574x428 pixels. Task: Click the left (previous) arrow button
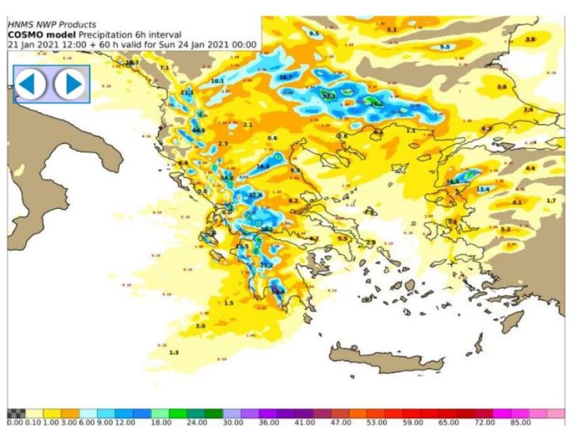click(31, 84)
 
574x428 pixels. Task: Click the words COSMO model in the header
click(32, 35)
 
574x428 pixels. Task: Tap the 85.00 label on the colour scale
click(519, 423)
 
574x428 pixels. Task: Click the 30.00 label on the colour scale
click(232, 423)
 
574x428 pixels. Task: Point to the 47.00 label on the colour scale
click(340, 423)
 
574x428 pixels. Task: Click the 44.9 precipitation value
click(199, 130)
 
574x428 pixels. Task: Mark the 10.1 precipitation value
click(217, 81)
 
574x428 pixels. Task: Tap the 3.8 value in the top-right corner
click(530, 40)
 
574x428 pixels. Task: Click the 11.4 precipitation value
click(483, 189)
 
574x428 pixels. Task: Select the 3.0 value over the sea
click(200, 325)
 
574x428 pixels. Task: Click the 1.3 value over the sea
click(174, 352)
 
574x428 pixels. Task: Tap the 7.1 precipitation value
click(164, 68)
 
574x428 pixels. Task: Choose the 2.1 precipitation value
click(247, 124)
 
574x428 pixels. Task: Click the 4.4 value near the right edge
click(530, 168)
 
